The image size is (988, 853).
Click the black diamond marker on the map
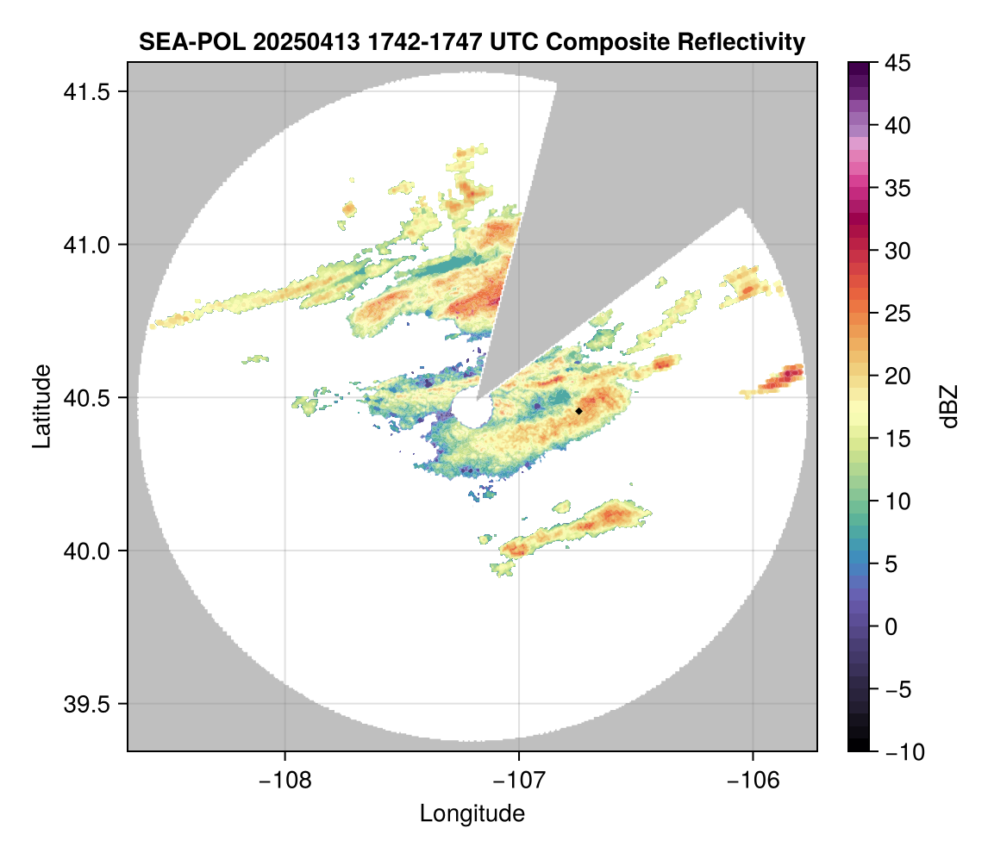pyautogui.click(x=578, y=411)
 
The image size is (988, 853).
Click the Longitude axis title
pyautogui.click(x=472, y=813)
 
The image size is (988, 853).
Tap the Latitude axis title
pyautogui.click(x=41, y=406)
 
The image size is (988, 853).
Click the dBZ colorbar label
pyautogui.click(x=949, y=407)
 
